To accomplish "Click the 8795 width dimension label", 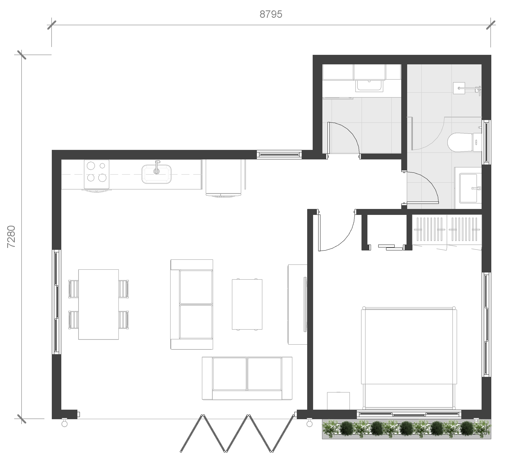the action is tap(271, 14).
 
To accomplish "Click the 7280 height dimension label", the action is tap(11, 236).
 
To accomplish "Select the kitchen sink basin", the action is tap(156, 174).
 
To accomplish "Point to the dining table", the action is tap(99, 304).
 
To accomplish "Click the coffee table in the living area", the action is tap(247, 304).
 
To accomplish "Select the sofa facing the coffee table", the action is tap(192, 304).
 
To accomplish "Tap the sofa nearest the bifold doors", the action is tap(247, 378).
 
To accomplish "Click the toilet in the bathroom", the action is tap(464, 142).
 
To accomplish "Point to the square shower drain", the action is tap(459, 88).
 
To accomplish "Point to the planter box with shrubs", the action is tap(407, 429).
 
